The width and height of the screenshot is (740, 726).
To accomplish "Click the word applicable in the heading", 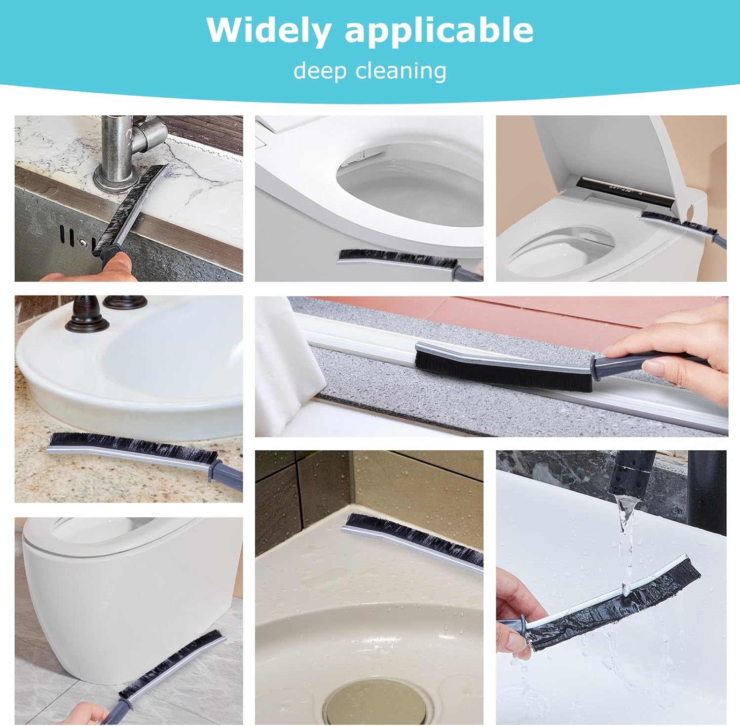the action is [439, 31].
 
